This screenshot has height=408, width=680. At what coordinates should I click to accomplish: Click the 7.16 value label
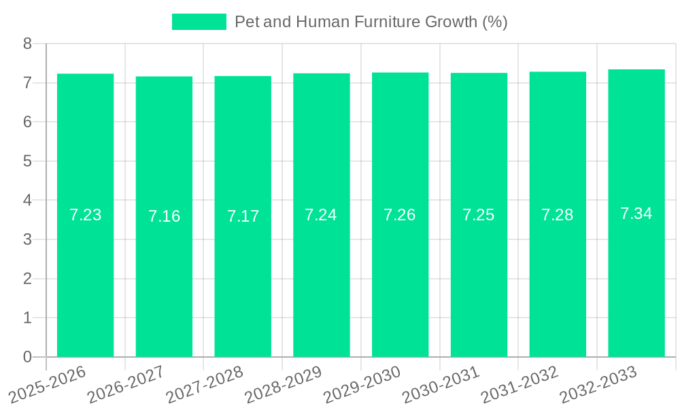[x=164, y=216]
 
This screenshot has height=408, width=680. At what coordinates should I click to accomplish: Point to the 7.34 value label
[x=636, y=214]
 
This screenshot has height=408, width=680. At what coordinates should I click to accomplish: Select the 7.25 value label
[x=479, y=215]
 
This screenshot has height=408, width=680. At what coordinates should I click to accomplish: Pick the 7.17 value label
[x=243, y=216]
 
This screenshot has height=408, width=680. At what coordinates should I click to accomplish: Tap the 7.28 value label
[x=558, y=215]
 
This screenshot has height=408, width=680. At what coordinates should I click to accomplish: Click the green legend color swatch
[x=199, y=22]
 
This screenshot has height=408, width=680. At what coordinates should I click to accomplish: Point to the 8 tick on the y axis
[x=27, y=44]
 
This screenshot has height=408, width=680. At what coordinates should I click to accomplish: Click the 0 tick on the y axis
[x=27, y=357]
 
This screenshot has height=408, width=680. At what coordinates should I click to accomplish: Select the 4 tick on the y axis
[x=27, y=201]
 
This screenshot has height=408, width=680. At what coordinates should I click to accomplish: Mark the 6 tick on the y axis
[x=27, y=122]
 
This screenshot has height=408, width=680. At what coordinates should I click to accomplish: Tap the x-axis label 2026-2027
[x=126, y=385]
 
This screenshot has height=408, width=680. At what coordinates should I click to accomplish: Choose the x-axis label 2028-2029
[x=283, y=385]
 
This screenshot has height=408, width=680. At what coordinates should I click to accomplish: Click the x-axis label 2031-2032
[x=520, y=385]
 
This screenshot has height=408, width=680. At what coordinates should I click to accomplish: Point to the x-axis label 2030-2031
[x=441, y=385]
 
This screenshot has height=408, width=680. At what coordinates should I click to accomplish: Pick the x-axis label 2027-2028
[x=204, y=385]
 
